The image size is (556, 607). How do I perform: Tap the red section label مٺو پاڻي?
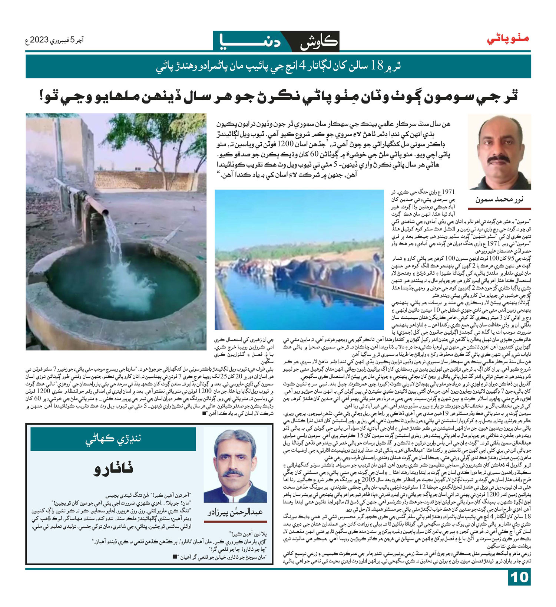(508, 39)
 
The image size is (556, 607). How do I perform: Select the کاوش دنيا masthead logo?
(276, 41)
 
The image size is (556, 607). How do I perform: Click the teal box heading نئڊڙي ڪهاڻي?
(113, 439)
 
